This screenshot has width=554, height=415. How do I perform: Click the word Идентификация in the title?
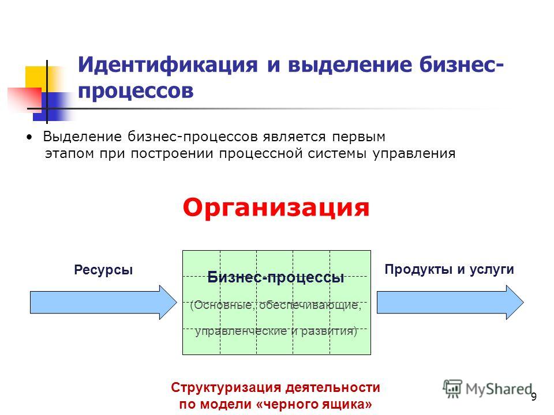click(x=168, y=65)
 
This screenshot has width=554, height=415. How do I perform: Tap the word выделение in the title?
click(x=350, y=65)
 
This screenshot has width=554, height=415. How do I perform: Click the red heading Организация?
click(x=276, y=207)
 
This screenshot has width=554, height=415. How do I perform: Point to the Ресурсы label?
click(x=103, y=270)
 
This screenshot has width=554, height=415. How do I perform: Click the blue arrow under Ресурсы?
click(x=103, y=303)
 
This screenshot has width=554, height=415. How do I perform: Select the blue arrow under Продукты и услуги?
click(x=450, y=303)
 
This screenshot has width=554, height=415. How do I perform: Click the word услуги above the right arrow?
click(x=492, y=270)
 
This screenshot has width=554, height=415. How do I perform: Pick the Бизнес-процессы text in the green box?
click(x=276, y=277)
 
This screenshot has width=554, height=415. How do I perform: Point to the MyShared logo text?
click(x=499, y=389)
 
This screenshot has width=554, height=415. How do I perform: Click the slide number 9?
click(x=534, y=397)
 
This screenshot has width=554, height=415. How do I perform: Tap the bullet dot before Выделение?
click(x=29, y=137)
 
